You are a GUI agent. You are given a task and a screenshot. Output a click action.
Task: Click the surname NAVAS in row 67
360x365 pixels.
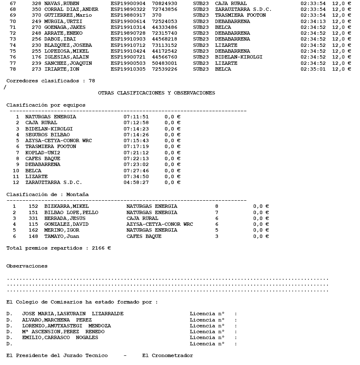(x=52, y=3)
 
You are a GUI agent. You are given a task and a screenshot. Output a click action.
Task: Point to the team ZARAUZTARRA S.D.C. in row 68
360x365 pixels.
(x=243, y=9)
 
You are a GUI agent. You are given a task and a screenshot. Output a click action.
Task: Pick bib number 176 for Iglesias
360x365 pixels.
(x=36, y=57)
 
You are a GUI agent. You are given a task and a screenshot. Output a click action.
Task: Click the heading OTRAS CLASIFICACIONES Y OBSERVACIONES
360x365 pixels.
(x=156, y=93)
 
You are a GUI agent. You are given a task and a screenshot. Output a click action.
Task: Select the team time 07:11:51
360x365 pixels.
(x=136, y=117)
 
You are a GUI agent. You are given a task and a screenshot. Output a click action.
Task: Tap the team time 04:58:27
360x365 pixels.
(x=136, y=182)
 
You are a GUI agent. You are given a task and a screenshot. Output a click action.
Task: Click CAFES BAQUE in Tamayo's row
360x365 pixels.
(x=144, y=236)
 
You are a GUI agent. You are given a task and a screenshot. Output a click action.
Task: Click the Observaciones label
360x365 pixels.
(x=27, y=266)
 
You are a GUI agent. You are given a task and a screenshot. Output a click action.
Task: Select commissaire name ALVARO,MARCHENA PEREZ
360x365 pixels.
(x=56, y=320)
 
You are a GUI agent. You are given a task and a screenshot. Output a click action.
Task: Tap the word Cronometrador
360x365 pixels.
(x=167, y=355)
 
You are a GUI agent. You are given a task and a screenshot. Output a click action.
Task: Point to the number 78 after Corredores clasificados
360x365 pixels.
(x=92, y=81)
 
